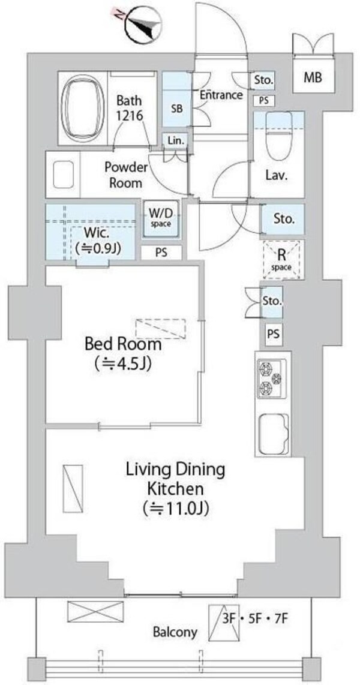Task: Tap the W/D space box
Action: tap(160, 217)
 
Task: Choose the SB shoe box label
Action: tap(177, 109)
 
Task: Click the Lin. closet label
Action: tap(178, 141)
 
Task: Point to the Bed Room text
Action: tap(122, 345)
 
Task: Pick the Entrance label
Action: tap(221, 95)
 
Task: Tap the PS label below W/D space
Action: tap(161, 253)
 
